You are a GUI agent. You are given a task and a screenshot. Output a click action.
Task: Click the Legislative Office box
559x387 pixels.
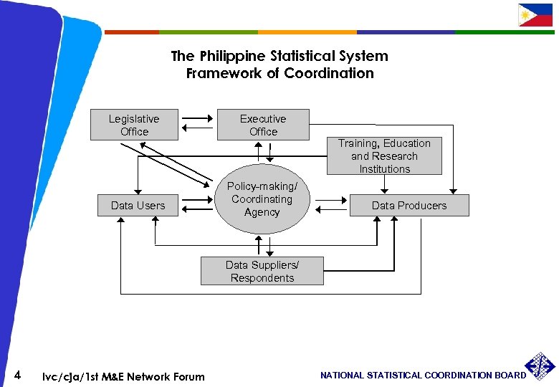(x=134, y=125)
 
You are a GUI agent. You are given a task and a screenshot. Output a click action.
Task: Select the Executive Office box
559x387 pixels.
(x=263, y=125)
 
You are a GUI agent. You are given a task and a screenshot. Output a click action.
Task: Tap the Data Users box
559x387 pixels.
(x=138, y=206)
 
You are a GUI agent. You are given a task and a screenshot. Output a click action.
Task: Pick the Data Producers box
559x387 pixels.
(x=408, y=206)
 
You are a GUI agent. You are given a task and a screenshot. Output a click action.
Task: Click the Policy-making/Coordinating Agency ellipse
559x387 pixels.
(x=262, y=199)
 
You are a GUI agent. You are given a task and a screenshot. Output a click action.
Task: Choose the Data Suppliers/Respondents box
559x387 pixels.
(x=262, y=272)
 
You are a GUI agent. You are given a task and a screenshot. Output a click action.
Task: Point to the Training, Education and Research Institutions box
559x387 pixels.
(x=384, y=156)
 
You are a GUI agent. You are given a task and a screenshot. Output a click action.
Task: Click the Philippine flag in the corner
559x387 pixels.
(x=535, y=15)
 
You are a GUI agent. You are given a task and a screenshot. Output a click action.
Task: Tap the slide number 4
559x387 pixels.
(x=18, y=375)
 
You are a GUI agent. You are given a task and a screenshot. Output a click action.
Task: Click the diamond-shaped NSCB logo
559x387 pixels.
(x=540, y=367)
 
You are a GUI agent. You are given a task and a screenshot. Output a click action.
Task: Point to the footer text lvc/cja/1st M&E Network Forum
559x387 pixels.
(x=123, y=377)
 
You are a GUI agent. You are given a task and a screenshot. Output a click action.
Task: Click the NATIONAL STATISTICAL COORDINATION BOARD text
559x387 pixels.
(x=423, y=376)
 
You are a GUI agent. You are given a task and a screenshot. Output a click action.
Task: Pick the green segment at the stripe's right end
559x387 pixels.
(x=505, y=32)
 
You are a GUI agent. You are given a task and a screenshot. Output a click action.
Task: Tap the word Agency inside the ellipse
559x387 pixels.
(x=262, y=212)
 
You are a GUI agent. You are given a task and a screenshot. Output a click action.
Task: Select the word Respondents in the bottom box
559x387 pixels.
(x=262, y=278)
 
